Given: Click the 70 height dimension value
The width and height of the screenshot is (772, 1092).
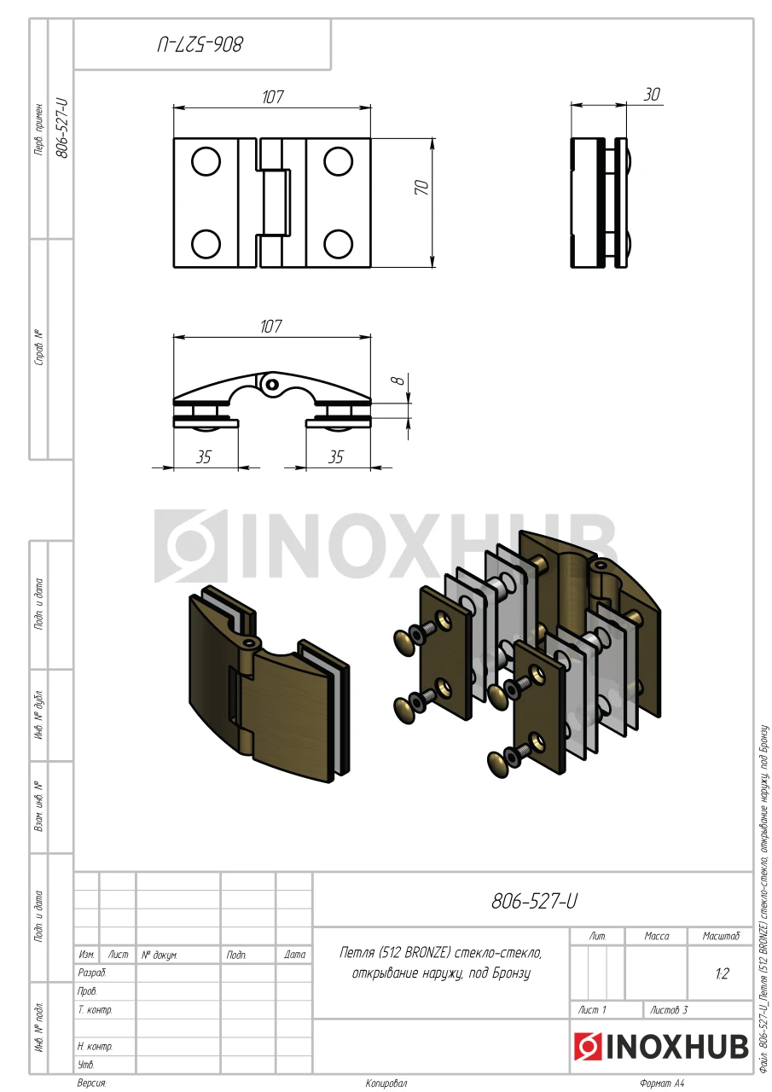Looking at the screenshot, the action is pos(422,187).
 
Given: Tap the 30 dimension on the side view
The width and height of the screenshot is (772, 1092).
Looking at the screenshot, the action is pos(652,95).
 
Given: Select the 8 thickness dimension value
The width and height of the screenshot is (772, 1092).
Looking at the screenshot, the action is pos(399,380).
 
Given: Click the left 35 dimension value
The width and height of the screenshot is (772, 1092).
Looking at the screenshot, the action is pos(204,456).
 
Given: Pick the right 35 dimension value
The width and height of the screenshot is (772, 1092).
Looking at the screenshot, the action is pos(336,456).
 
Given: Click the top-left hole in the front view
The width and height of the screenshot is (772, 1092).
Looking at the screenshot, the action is pos(206,161).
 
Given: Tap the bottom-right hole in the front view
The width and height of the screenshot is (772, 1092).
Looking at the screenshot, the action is pos(339,244).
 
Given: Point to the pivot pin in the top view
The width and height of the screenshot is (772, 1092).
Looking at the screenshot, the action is pos(272,384).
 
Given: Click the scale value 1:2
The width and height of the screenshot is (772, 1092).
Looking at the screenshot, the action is pos(723,974).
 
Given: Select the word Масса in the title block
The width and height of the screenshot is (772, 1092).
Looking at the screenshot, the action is pos(657,936).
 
